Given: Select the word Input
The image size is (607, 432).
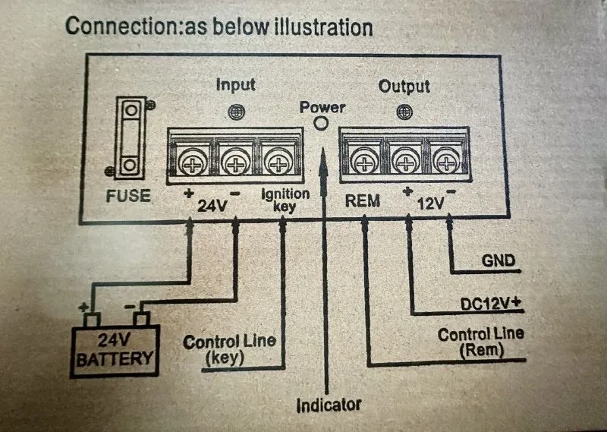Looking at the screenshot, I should pos(236,84).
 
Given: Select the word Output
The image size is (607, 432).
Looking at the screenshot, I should pos(404,86).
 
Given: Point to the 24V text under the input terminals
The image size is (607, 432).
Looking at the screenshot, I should pos(213,205).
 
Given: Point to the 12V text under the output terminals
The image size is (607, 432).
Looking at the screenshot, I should pos(430,205).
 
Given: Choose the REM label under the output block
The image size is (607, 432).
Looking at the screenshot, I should pos(362,202).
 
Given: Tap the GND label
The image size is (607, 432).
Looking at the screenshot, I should pos(498,262).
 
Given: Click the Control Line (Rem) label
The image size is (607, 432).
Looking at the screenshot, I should pos(481,342).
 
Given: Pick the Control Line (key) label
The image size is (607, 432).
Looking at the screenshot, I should pos(229,350).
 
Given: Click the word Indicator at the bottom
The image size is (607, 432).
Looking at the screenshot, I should pos(329,403).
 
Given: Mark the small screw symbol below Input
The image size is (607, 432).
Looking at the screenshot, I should pos(237,112).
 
